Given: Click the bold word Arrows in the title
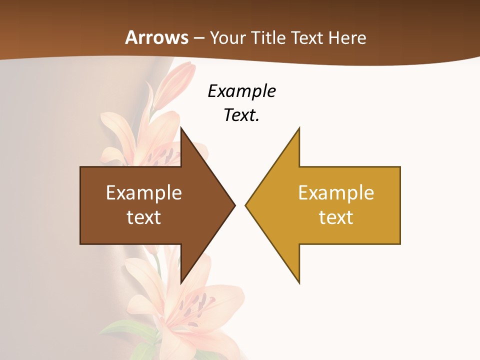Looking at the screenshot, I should tap(156, 37).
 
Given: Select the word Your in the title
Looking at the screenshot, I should tap(225, 38).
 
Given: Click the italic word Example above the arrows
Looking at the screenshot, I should tap(241, 91).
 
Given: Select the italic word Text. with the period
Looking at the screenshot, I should tap(241, 115).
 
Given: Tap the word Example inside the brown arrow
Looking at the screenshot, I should tap(144, 193).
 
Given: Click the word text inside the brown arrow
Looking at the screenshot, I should tap(144, 217).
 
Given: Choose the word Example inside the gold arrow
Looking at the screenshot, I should tap(336, 193).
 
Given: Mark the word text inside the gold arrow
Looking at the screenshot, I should tap(336, 217).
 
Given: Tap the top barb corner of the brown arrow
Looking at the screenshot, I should tap(181, 128).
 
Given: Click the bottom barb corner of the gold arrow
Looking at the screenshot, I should tap(299, 282).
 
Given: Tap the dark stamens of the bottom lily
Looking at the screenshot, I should tap(198, 305).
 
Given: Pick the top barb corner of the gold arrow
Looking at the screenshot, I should tap(299, 128).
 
